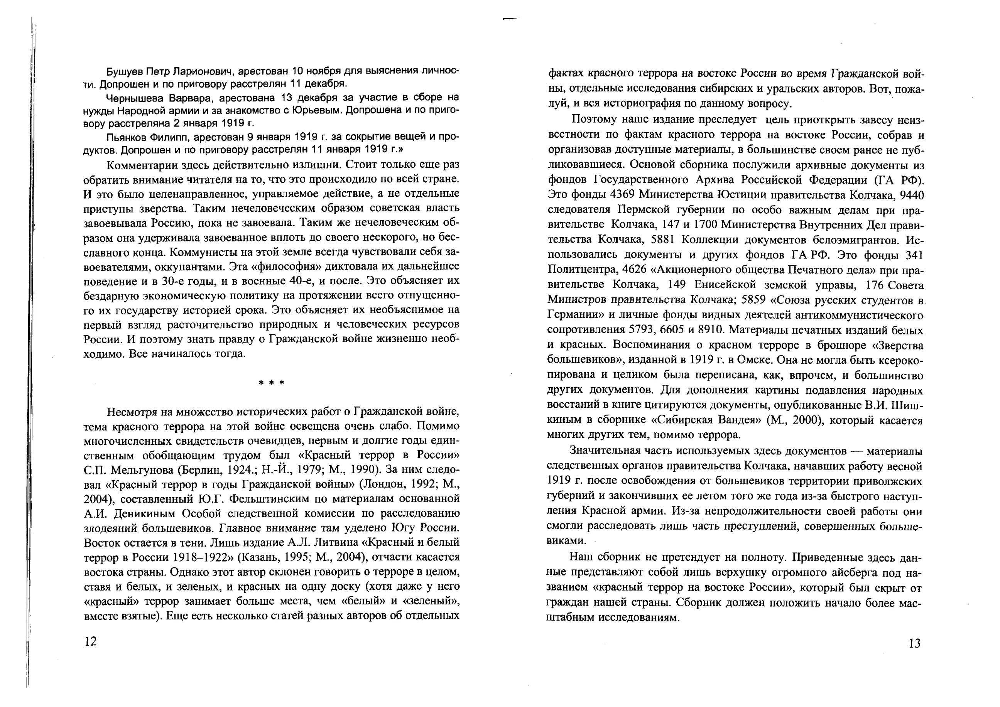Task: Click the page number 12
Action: [91, 641]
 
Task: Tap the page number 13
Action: [915, 643]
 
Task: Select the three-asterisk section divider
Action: [271, 383]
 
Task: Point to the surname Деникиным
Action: [144, 514]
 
